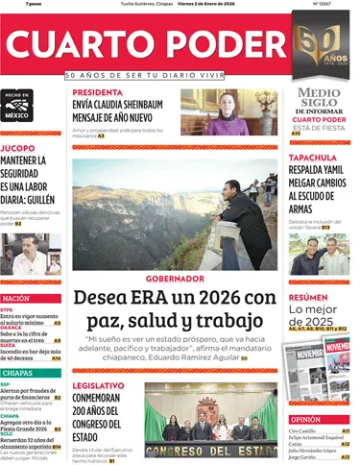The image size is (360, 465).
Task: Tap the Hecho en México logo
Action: click(18, 105)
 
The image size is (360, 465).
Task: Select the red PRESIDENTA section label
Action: click(98, 93)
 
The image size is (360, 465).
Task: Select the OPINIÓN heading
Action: click(305, 420)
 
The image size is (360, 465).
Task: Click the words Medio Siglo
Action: click(319, 99)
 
